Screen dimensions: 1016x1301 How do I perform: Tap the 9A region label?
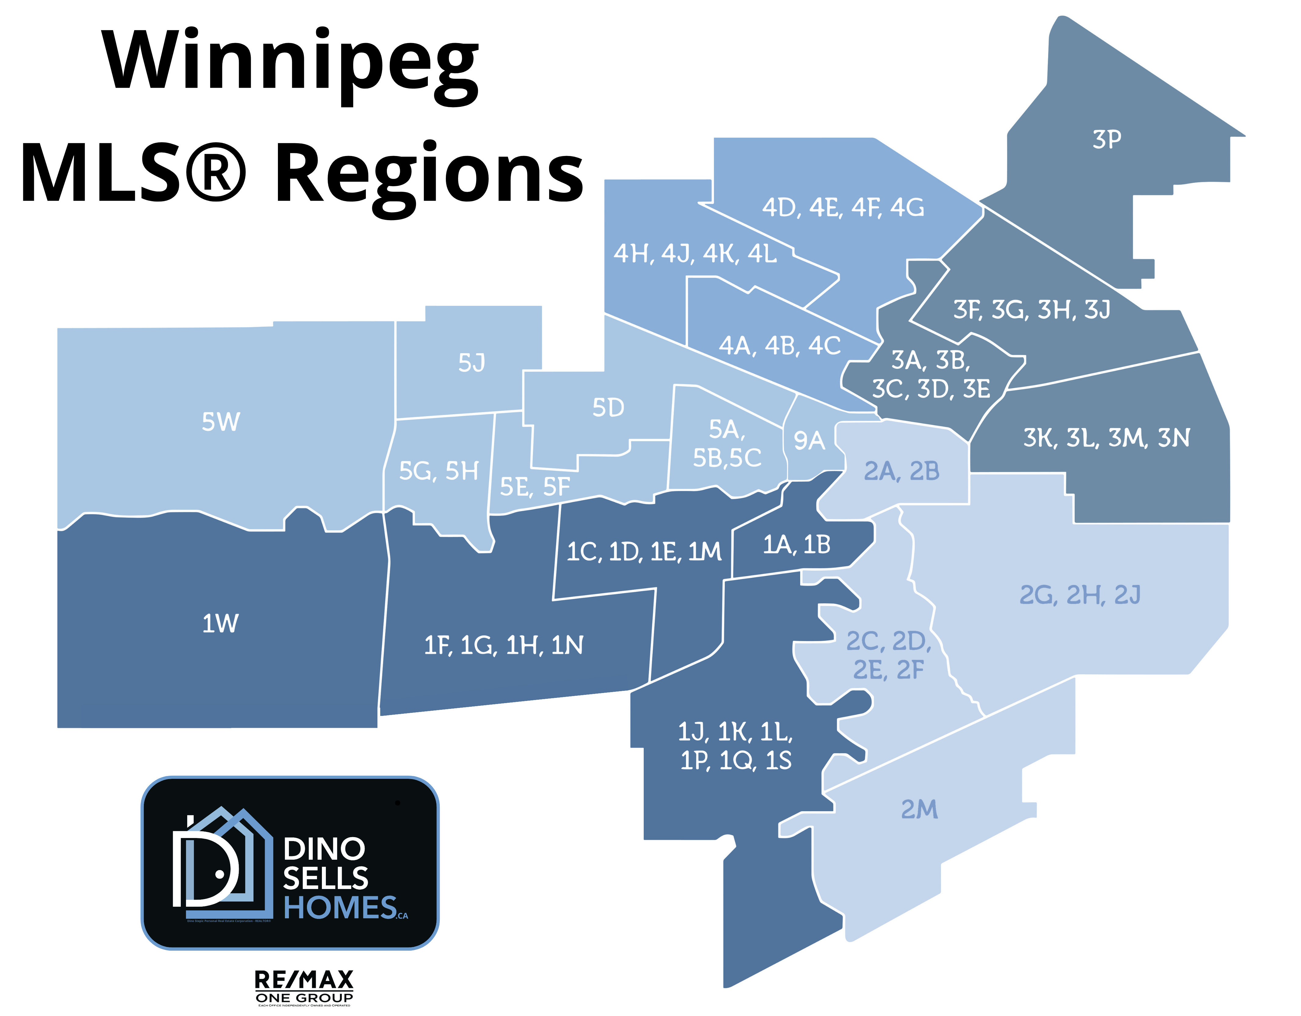[809, 441]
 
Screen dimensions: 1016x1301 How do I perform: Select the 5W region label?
[220, 422]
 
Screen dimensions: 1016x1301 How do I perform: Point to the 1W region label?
[220, 623]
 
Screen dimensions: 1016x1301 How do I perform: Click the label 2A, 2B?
[901, 471]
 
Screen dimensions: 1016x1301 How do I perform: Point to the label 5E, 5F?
[534, 487]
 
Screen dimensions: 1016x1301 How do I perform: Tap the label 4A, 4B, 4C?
[779, 345]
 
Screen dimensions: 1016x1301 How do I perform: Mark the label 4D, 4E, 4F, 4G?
[843, 207]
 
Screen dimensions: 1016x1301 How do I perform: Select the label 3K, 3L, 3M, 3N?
[1106, 438]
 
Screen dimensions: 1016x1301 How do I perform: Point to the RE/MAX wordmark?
[304, 980]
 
